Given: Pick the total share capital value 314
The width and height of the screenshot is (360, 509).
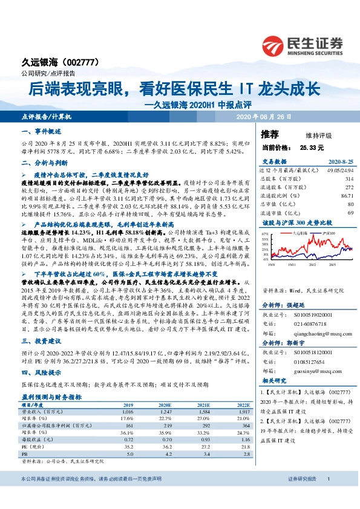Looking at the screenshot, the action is click(x=349, y=179).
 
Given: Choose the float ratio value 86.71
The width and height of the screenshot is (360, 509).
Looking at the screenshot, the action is click(x=347, y=196).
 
